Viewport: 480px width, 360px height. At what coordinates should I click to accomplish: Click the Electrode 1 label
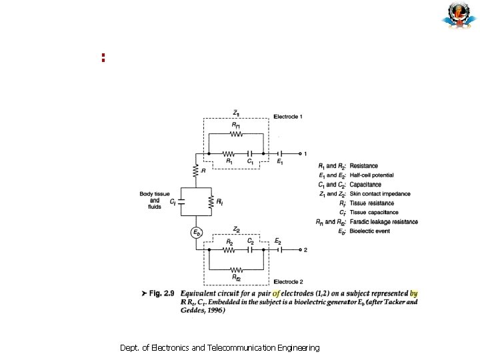[288, 117]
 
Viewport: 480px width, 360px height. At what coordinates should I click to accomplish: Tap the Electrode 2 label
[288, 283]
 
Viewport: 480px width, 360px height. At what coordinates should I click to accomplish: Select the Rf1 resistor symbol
[235, 133]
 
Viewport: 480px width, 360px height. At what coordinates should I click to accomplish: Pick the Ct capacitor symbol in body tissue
[181, 201]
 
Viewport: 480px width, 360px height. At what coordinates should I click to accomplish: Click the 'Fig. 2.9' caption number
[161, 293]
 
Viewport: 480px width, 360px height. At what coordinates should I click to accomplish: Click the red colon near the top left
[103, 57]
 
